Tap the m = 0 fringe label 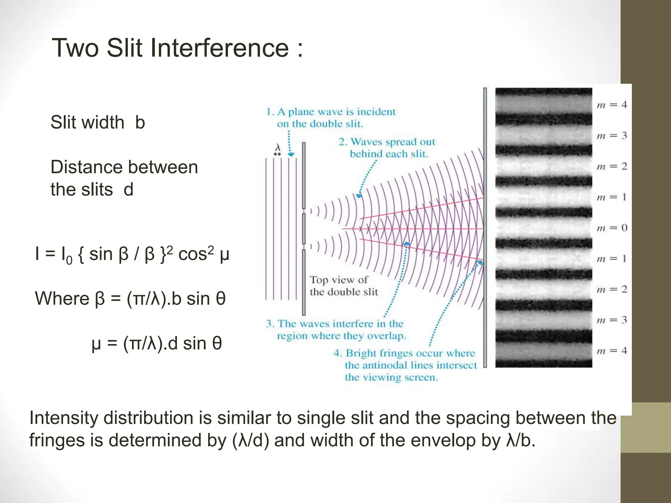[x=612, y=228]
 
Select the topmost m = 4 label [x=612, y=105]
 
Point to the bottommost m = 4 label [x=612, y=351]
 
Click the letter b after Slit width [x=140, y=122]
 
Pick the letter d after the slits [x=128, y=190]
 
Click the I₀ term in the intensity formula [x=67, y=255]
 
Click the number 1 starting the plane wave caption [x=269, y=112]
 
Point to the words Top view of [x=338, y=280]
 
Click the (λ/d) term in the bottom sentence [x=251, y=440]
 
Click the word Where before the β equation [x=62, y=299]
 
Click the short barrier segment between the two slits [x=304, y=228]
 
